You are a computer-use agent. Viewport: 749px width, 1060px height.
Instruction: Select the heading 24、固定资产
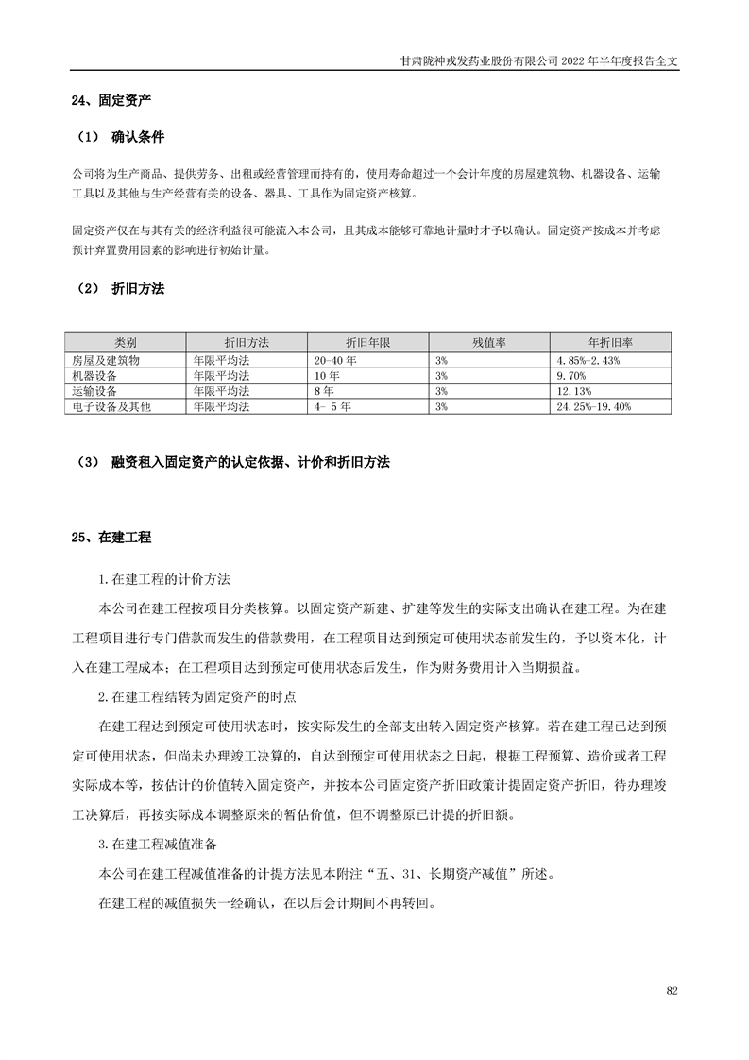(x=111, y=99)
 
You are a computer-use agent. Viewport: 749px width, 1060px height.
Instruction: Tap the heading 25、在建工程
(x=111, y=538)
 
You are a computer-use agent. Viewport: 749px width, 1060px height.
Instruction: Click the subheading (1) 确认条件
(x=122, y=138)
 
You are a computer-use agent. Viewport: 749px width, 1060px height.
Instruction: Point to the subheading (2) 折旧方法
(x=122, y=289)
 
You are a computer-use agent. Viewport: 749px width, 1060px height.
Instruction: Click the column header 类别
(x=126, y=342)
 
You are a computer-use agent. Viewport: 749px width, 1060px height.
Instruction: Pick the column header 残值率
(x=490, y=342)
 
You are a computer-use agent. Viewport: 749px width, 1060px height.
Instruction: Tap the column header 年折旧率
(x=610, y=342)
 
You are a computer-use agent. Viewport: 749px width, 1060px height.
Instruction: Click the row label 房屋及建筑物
(x=105, y=361)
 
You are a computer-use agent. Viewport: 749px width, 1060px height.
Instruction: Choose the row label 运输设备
(x=94, y=391)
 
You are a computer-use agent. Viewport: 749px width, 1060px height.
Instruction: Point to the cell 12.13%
(x=575, y=391)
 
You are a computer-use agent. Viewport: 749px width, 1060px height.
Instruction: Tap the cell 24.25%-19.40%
(x=594, y=406)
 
